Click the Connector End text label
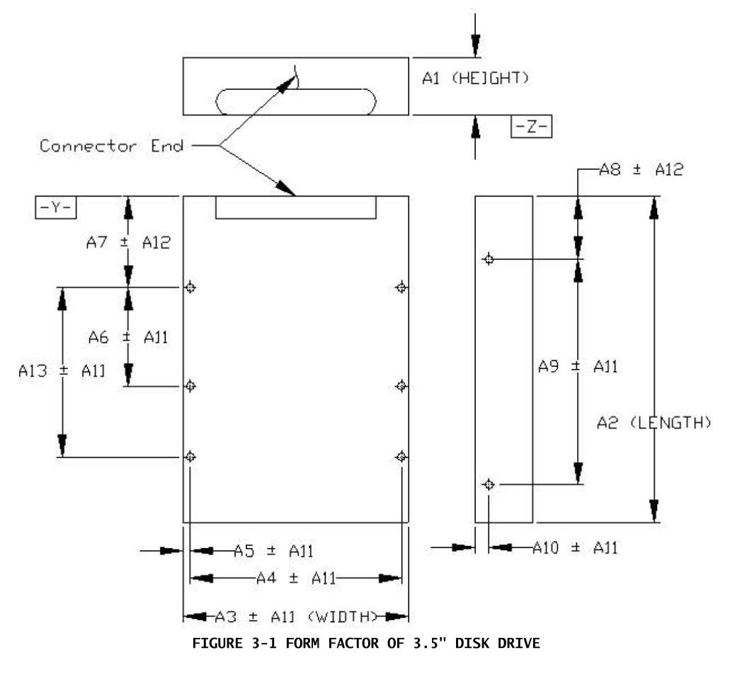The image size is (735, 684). pyautogui.click(x=111, y=147)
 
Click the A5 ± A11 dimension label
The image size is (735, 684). pyautogui.click(x=273, y=551)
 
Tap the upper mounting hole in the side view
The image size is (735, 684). pyautogui.click(x=488, y=259)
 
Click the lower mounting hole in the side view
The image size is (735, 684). pyautogui.click(x=488, y=484)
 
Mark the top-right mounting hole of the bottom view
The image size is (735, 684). pyautogui.click(x=401, y=287)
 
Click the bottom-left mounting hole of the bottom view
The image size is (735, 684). pyautogui.click(x=190, y=457)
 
